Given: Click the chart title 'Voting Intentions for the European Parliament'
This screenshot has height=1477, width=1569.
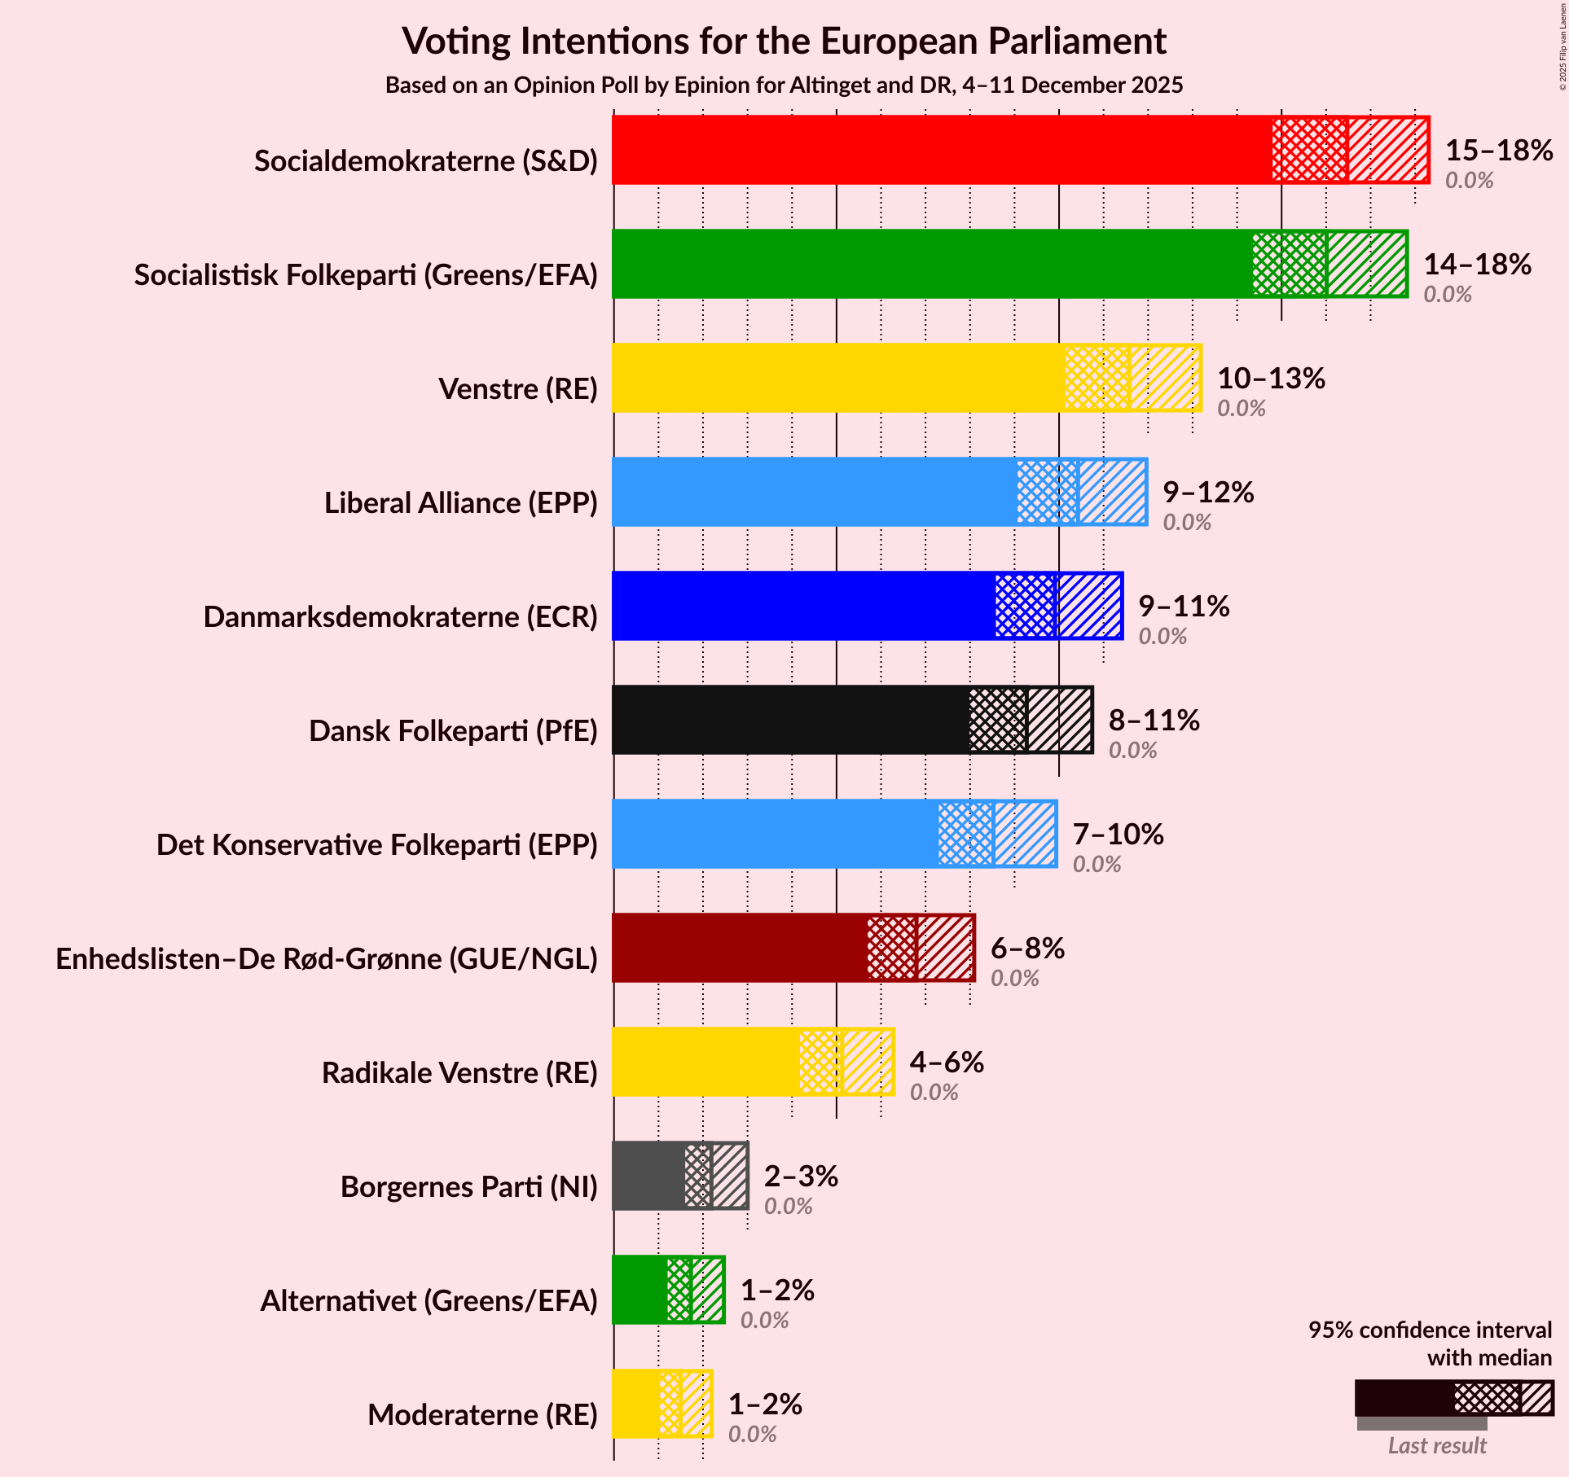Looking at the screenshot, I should click(x=784, y=41).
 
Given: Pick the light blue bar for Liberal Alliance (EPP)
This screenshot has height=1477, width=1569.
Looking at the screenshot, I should click(x=814, y=492).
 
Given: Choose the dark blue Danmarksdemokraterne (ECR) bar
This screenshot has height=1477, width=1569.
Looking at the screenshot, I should click(x=802, y=606).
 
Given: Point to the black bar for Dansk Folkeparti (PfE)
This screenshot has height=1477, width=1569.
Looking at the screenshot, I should click(x=790, y=720).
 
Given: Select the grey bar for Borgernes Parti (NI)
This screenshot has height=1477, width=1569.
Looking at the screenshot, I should click(x=648, y=1176).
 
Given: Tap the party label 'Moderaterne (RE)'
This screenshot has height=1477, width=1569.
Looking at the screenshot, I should click(x=482, y=1414).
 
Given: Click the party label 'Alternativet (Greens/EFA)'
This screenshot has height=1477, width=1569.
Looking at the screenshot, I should click(x=429, y=1300).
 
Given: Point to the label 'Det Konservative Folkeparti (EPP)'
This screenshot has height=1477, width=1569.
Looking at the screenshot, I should click(x=376, y=844).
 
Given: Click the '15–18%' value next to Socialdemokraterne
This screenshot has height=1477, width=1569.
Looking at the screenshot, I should click(x=1499, y=150).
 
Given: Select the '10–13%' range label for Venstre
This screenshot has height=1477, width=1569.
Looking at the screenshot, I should click(x=1271, y=378).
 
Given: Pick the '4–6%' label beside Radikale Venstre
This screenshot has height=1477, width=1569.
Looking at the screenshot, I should click(x=947, y=1062).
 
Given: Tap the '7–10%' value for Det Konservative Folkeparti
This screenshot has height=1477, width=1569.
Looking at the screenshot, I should click(x=1118, y=834).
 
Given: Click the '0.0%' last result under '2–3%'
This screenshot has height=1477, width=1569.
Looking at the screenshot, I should click(x=788, y=1206).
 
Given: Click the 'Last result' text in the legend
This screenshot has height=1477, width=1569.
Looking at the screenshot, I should click(x=1437, y=1445).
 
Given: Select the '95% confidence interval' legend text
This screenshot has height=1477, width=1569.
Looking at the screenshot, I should click(x=1430, y=1330).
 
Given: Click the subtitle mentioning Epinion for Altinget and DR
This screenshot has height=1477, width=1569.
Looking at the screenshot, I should click(x=784, y=85).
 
